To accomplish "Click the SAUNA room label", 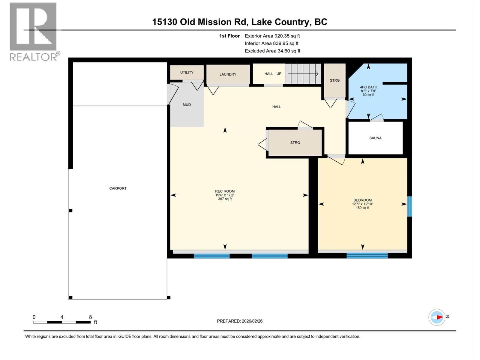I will click(x=375, y=138).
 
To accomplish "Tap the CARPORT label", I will click(x=118, y=188).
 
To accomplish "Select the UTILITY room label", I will click(x=187, y=72).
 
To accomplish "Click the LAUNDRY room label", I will click(x=228, y=74).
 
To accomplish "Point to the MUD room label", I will click(x=187, y=105).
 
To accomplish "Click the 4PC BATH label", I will click(x=368, y=87).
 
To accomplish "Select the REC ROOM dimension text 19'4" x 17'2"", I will click(x=225, y=195).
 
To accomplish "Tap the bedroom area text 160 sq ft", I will click(x=362, y=208).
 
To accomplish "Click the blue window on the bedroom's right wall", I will click(x=409, y=206).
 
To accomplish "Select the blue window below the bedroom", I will click(x=367, y=256).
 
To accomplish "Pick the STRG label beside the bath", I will click(x=334, y=80).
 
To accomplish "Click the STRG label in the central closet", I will click(x=295, y=143).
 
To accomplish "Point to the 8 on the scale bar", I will click(x=90, y=317).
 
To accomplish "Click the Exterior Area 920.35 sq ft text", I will click(x=272, y=36).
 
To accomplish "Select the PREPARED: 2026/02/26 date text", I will click(x=240, y=321).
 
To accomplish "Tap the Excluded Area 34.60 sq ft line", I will click(x=272, y=51).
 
